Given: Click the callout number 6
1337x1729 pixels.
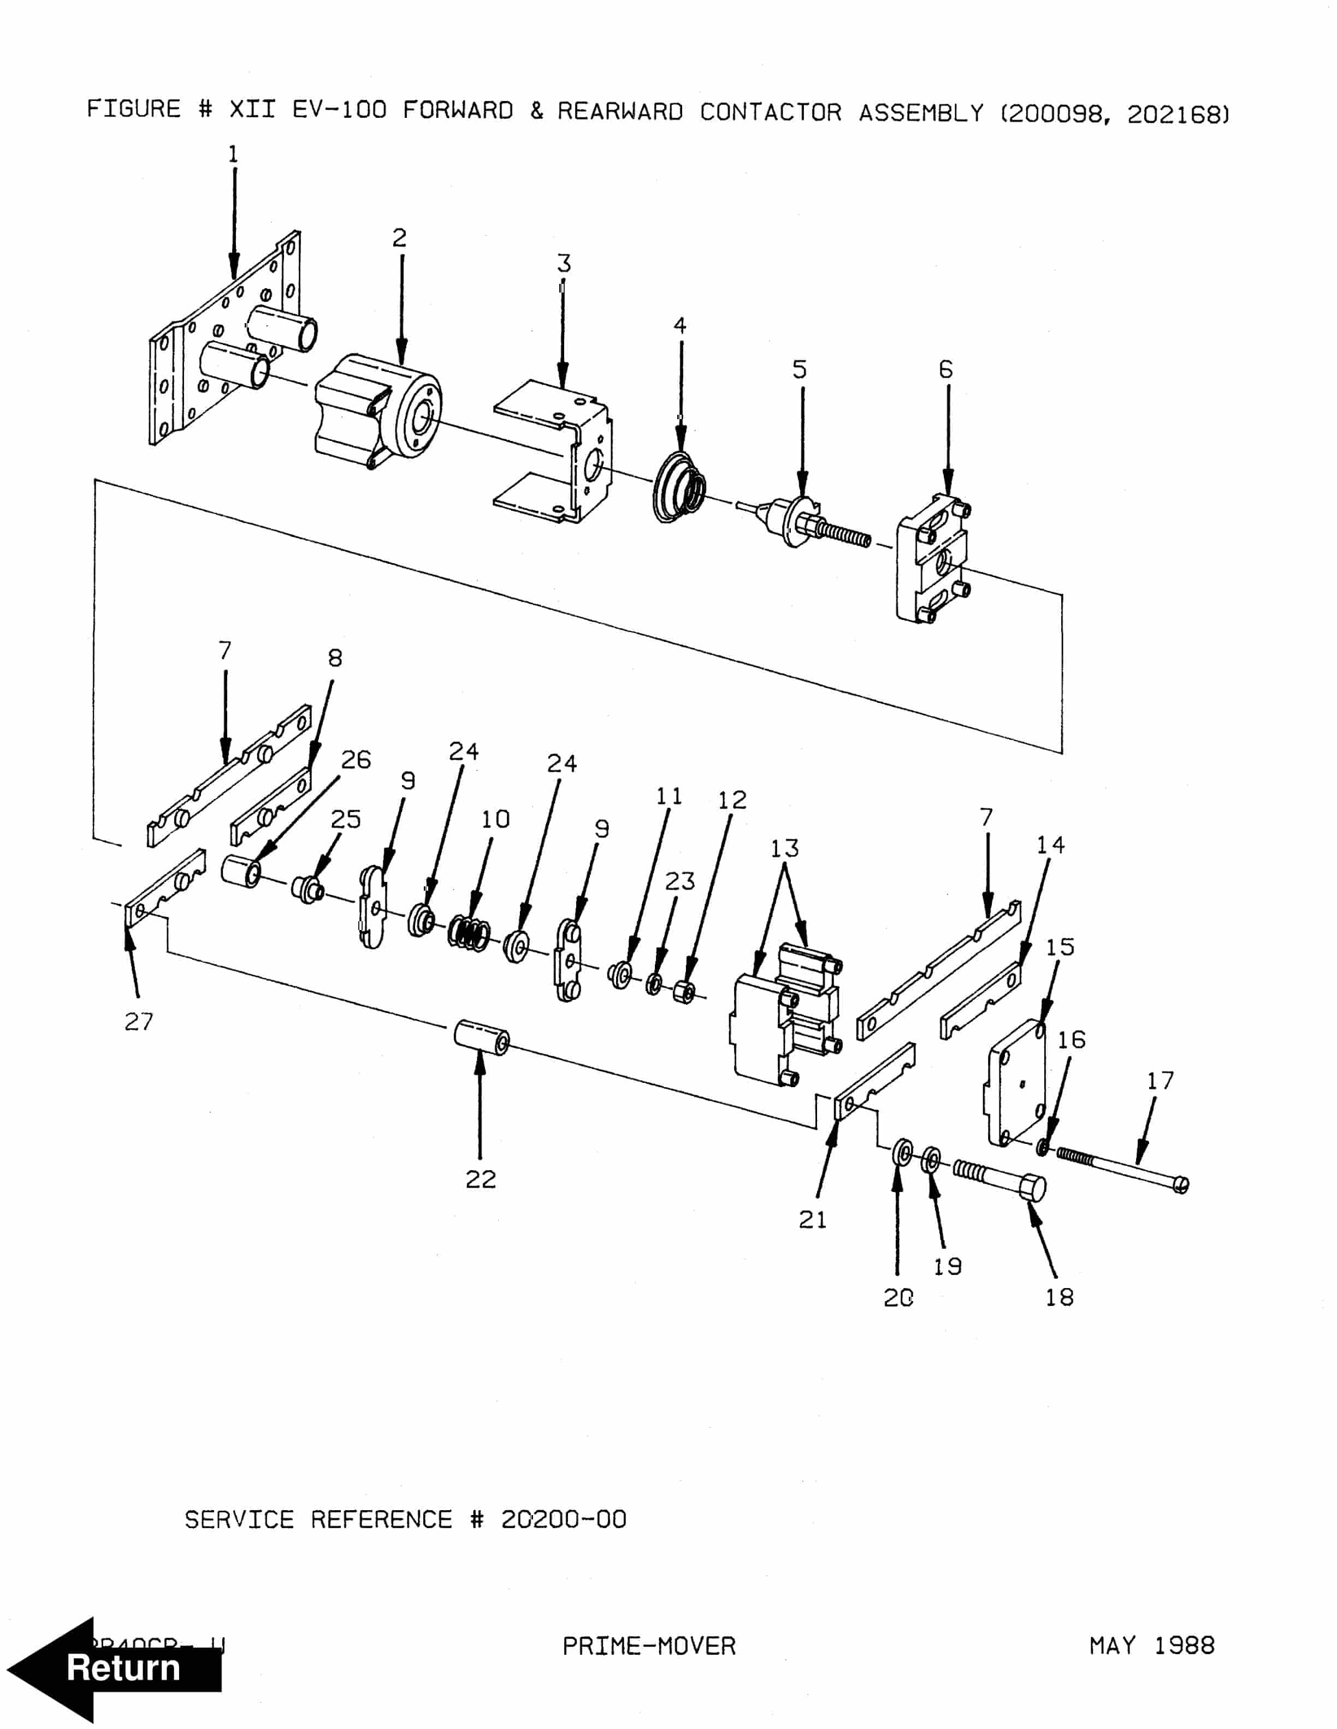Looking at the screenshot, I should click(946, 369).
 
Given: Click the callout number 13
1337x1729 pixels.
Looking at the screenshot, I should click(784, 849).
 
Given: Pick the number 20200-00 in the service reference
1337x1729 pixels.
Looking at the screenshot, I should click(563, 1519).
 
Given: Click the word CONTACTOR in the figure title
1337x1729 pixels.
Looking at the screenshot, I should click(770, 112).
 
